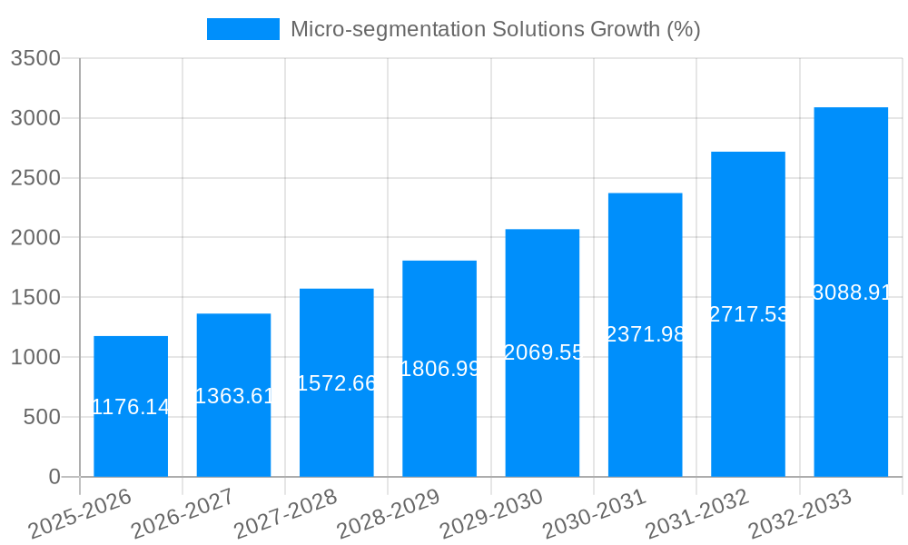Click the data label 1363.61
[234, 396]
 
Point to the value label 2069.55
[543, 352]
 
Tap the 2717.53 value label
[749, 314]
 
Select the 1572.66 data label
[337, 383]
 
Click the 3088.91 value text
[852, 292]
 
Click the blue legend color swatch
[242, 29]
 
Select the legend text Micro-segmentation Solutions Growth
[495, 29]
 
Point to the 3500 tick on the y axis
[35, 59]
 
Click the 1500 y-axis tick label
[35, 298]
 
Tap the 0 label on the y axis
[54, 477]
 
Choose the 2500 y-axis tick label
[35, 178]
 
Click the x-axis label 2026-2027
[183, 514]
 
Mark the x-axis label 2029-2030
[491, 514]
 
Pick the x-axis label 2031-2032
[696, 514]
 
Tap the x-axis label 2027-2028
[285, 514]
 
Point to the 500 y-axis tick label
[41, 417]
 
